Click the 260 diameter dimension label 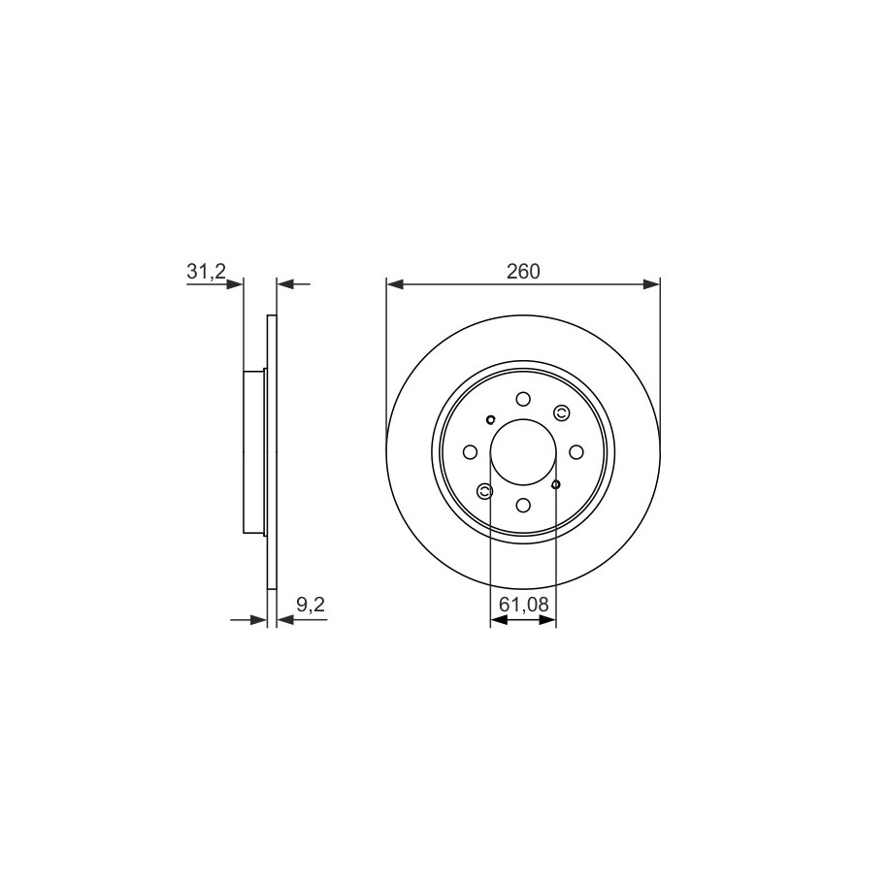(x=523, y=272)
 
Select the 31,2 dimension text (x=206, y=272)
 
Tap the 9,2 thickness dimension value (x=311, y=605)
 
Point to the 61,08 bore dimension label (x=524, y=605)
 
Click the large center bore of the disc (x=523, y=452)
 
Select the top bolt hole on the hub (x=523, y=399)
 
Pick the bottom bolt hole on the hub (x=523, y=505)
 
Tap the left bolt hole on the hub (x=470, y=452)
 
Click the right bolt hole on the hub (x=576, y=452)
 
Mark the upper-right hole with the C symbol (x=561, y=414)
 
